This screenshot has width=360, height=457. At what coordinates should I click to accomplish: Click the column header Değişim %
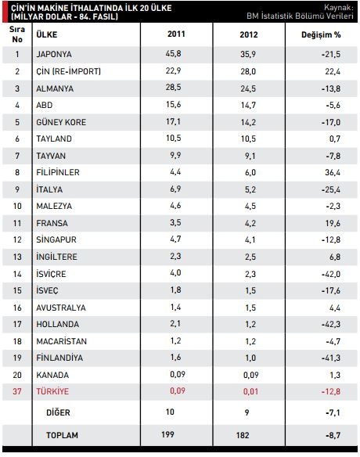click(x=321, y=34)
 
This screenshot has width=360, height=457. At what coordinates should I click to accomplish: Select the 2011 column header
click(x=176, y=34)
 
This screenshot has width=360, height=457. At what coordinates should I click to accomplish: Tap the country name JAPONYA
click(x=54, y=54)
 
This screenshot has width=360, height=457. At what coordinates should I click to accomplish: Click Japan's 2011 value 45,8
click(x=173, y=54)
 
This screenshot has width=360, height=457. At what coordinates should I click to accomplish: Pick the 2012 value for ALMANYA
click(x=248, y=88)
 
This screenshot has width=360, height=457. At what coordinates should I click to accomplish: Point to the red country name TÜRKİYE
click(x=52, y=391)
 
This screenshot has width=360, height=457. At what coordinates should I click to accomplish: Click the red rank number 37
click(x=17, y=391)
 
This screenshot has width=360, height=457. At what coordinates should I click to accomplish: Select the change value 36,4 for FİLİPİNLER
click(x=333, y=172)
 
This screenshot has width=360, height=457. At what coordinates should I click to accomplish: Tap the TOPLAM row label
click(x=62, y=435)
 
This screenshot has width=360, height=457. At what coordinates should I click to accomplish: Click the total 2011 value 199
click(x=167, y=434)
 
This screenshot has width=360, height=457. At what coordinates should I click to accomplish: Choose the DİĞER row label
click(x=58, y=412)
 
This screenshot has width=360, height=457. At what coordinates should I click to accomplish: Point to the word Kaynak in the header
click(x=339, y=7)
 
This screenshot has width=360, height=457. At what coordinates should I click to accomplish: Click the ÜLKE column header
click(x=47, y=34)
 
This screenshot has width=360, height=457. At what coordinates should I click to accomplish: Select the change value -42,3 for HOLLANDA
click(x=331, y=324)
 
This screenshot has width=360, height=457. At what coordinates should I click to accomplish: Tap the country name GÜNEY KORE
click(x=61, y=122)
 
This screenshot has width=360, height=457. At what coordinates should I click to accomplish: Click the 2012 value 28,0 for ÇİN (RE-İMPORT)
click(x=248, y=71)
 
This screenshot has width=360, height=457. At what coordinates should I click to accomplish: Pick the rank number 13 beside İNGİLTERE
click(x=17, y=257)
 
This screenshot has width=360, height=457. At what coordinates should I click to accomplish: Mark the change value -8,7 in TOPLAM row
click(x=333, y=435)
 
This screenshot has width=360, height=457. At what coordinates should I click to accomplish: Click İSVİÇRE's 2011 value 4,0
click(x=175, y=273)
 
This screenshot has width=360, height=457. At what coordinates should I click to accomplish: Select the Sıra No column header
click(x=17, y=34)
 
